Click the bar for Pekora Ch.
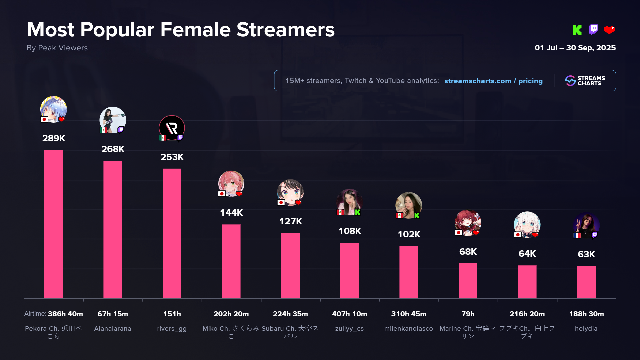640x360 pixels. click(53, 224)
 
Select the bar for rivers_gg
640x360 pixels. click(172, 233)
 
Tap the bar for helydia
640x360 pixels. click(586, 282)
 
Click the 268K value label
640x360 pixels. click(113, 149)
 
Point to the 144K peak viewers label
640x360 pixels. click(231, 213)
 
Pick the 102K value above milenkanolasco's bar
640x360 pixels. click(409, 234)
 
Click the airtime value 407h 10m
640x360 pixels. click(349, 314)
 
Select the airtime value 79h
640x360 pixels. click(468, 314)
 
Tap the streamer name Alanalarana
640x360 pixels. click(113, 329)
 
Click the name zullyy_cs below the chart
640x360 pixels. click(349, 329)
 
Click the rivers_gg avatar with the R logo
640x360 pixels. click(172, 128)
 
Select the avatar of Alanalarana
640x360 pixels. click(113, 119)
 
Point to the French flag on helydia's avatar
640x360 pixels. click(577, 235)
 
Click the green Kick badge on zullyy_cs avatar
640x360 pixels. click(357, 212)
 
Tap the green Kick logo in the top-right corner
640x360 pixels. click(577, 30)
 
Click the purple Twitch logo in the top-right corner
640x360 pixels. click(593, 30)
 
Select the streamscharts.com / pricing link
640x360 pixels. click(493, 81)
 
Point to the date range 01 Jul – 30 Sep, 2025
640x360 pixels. click(575, 48)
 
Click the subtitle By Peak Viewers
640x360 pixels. click(57, 48)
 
